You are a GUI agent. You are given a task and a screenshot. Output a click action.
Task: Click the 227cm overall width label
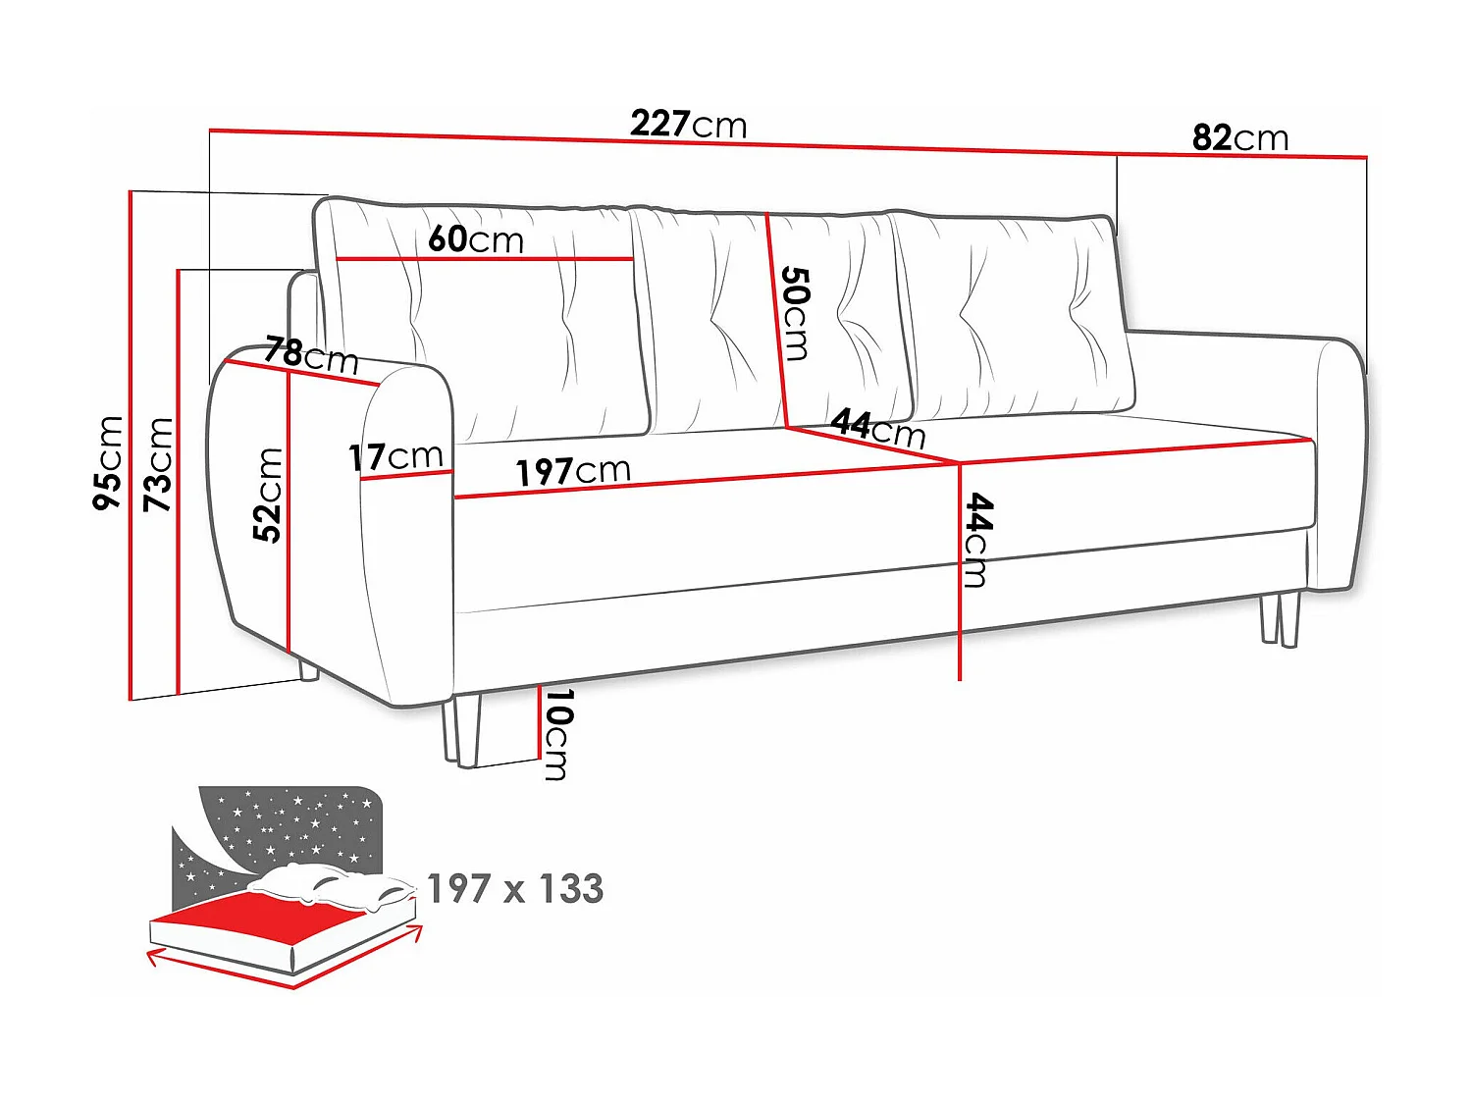[x=688, y=125]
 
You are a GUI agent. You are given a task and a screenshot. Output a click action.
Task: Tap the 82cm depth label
[x=1239, y=138]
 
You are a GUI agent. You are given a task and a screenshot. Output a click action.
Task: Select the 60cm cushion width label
[x=476, y=239]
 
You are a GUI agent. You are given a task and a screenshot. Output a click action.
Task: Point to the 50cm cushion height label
[x=794, y=313]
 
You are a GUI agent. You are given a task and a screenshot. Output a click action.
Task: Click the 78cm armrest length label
[x=311, y=354]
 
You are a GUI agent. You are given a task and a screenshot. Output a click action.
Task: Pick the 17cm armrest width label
[x=395, y=456]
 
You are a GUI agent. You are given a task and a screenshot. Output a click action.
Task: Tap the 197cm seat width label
[x=573, y=471]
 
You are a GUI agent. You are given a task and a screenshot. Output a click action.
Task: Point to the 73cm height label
[x=158, y=463]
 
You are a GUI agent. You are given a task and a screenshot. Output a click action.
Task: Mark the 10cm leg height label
[x=556, y=734]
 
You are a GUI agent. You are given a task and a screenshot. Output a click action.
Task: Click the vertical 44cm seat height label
[x=977, y=540]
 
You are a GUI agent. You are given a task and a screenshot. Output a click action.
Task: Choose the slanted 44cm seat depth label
[x=878, y=428]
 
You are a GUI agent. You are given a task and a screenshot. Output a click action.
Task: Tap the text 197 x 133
[x=515, y=889]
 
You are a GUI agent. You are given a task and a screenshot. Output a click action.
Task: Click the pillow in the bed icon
[x=329, y=885]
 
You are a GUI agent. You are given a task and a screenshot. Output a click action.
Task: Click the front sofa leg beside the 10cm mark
[x=460, y=731]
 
